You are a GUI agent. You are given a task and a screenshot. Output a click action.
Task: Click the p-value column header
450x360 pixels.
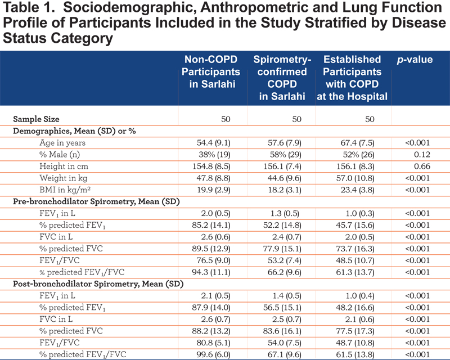pyautogui.click(x=415, y=60)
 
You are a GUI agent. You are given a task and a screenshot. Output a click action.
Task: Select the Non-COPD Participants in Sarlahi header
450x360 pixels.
pyautogui.click(x=211, y=72)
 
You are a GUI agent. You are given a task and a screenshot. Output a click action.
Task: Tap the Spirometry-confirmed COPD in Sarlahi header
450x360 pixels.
pyautogui.click(x=282, y=78)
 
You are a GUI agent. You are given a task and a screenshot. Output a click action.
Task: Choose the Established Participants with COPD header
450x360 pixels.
pyautogui.click(x=352, y=78)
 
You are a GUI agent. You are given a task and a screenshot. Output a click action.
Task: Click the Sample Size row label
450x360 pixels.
pyautogui.click(x=36, y=119)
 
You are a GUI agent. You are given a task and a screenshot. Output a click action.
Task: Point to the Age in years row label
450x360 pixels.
pyautogui.click(x=62, y=143)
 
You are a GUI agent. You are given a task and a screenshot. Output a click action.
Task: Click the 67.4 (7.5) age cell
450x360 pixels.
pyautogui.click(x=357, y=143)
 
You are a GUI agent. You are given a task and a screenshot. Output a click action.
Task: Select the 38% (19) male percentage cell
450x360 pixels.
pyautogui.click(x=214, y=155)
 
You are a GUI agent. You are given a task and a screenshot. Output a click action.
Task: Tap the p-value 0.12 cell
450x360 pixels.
pyautogui.click(x=422, y=155)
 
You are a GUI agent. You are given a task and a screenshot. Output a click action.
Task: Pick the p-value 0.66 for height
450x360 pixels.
pyautogui.click(x=422, y=166)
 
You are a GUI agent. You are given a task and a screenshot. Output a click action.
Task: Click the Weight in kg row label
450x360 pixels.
pyautogui.click(x=64, y=178)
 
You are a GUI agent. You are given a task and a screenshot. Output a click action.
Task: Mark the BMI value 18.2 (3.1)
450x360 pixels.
pyautogui.click(x=285, y=190)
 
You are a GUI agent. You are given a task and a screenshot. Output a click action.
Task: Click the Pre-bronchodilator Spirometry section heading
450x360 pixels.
pyautogui.click(x=96, y=202)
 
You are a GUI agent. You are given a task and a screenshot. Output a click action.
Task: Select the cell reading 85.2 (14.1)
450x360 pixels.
pyautogui.click(x=211, y=226)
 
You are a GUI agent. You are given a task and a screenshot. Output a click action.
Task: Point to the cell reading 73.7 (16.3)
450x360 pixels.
pyautogui.click(x=355, y=249)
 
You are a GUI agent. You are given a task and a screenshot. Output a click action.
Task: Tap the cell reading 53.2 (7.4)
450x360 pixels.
pyautogui.click(x=285, y=260)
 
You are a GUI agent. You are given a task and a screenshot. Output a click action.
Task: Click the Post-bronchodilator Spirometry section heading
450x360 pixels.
pyautogui.click(x=98, y=284)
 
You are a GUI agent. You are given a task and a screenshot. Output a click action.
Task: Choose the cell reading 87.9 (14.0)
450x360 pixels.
pyautogui.click(x=211, y=308)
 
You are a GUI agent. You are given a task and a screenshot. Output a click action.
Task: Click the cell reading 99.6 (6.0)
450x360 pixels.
pyautogui.click(x=214, y=354)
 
